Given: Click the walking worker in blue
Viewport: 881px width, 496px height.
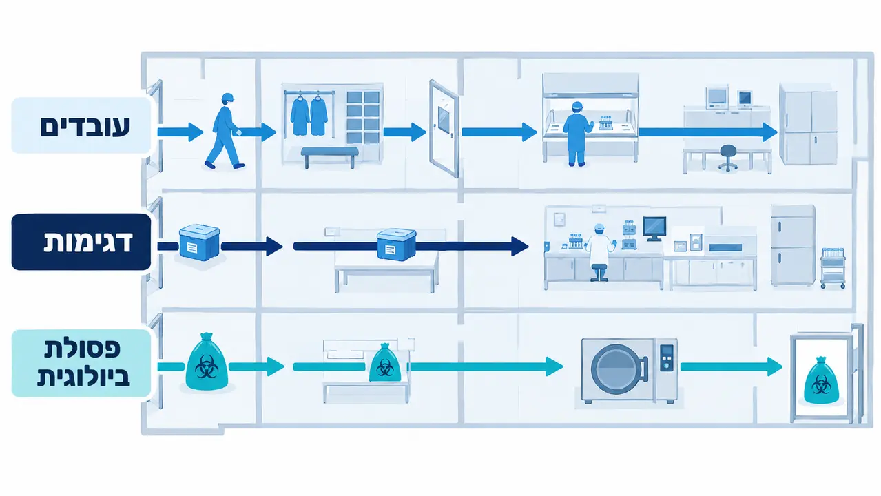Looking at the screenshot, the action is tap(223, 132).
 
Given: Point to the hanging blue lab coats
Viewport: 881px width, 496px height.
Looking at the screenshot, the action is tap(309, 116).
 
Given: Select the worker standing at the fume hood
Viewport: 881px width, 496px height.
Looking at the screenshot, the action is tap(577, 134).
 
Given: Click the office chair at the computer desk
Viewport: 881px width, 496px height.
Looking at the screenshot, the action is tap(728, 158).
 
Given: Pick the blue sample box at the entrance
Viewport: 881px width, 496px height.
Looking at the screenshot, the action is tap(199, 242).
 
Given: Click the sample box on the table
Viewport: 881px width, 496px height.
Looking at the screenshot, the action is tap(396, 245).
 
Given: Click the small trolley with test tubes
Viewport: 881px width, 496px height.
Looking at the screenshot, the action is tap(833, 268).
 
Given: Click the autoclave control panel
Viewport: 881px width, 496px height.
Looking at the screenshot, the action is tap(666, 358).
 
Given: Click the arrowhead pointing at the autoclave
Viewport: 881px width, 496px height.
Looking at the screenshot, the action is tap(554, 367).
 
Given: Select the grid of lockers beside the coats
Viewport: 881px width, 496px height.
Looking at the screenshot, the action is tap(363, 118).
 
